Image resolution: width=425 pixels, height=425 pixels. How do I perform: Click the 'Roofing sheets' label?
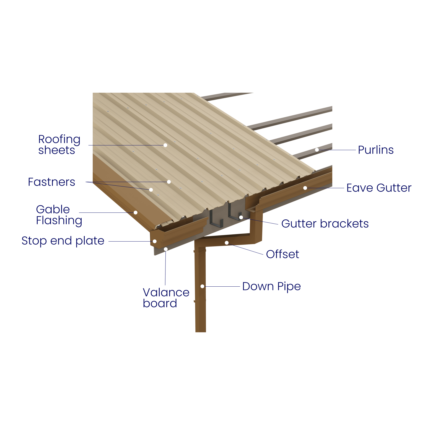pos(59,145)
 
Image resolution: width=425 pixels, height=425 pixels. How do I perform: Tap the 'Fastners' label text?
pos(51,182)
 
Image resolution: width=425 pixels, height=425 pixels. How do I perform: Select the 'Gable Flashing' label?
pos(59,215)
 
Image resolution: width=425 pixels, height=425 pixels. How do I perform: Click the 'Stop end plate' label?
pos(63,241)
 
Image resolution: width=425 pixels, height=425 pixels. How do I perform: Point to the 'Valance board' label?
pos(166,298)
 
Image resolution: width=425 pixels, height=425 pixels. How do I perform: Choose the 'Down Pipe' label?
pos(271,286)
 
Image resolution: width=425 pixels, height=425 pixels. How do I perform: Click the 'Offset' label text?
pos(283,254)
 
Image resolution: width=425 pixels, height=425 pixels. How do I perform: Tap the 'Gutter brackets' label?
pos(325,224)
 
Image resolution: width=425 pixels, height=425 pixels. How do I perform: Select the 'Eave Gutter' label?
pos(379,188)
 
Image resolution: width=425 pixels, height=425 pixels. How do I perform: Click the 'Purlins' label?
pos(375,150)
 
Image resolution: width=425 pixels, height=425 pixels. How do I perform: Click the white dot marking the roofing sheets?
pos(165,145)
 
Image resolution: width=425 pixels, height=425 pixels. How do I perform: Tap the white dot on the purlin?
pos(317,150)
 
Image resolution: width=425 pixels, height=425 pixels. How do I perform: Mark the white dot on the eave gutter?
pos(305,188)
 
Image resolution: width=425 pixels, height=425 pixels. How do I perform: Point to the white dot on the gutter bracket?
pos(241,217)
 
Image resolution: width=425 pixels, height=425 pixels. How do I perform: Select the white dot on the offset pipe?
pos(227,243)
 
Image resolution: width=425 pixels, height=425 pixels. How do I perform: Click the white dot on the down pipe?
pos(203,286)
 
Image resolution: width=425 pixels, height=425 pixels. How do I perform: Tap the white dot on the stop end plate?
pos(155,241)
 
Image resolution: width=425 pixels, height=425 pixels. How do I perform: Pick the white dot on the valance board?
pos(166,249)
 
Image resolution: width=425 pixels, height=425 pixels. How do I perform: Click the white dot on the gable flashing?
pos(136,212)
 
